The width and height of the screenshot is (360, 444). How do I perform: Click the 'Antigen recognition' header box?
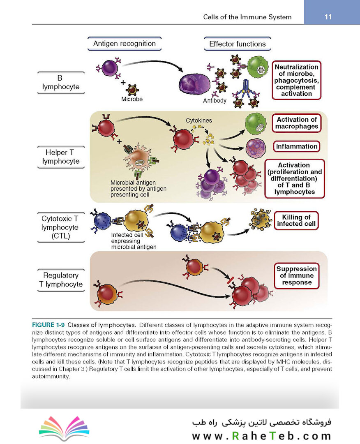125,44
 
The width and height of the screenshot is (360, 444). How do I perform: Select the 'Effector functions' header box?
238,44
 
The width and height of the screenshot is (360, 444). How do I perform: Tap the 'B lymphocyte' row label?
61,82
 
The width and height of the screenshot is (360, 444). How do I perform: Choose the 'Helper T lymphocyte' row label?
61,157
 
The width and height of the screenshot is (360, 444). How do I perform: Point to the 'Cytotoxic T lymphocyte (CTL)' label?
61,227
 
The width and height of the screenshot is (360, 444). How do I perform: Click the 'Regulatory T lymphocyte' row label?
61,280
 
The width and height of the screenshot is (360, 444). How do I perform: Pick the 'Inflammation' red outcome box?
297,146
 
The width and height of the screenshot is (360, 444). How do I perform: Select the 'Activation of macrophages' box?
297,123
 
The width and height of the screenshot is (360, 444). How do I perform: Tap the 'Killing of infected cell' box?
296,221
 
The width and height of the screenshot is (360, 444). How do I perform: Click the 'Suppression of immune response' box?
297,276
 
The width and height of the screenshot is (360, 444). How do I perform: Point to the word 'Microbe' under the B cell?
132,99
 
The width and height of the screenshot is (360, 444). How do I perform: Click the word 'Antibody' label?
215,101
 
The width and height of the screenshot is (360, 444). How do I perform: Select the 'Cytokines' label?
198,120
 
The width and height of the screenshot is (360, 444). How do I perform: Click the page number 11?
328,17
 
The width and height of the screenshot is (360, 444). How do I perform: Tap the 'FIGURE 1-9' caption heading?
48,325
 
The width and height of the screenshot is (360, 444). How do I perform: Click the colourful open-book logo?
64,428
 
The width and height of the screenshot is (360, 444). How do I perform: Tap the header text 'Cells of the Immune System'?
247,17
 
